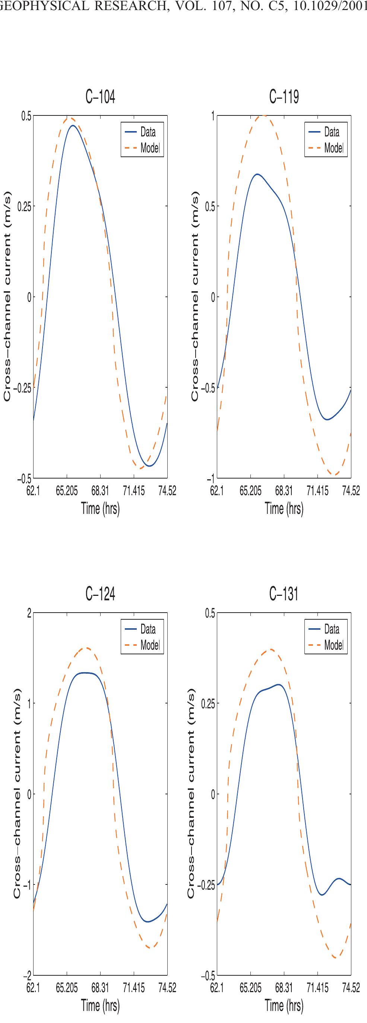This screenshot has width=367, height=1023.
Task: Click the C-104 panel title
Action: pyautogui.click(x=101, y=96)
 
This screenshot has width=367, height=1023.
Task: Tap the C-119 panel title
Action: pyautogui.click(x=284, y=96)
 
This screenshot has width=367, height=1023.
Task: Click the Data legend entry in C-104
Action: pyautogui.click(x=148, y=132)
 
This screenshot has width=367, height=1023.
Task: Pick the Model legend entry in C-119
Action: pyautogui.click(x=333, y=148)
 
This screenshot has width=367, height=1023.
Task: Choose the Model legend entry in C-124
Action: pyautogui.click(x=150, y=645)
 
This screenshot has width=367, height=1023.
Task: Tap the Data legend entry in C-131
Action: pyautogui.click(x=331, y=629)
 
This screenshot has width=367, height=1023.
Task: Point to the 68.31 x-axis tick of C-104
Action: pyautogui.click(x=100, y=491)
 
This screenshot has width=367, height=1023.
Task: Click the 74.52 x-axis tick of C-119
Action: pyautogui.click(x=351, y=491)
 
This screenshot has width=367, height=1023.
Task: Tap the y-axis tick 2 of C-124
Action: pyautogui.click(x=29, y=613)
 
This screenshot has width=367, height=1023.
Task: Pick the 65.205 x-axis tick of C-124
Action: pyautogui.click(x=67, y=988)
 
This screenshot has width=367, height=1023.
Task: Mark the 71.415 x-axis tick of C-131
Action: pyautogui.click(x=317, y=988)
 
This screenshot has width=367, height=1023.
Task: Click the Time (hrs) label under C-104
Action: pyautogui.click(x=100, y=508)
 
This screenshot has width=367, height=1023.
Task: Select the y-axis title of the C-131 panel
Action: pyautogui.click(x=191, y=794)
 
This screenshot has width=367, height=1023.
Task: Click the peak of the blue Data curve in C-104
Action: pyautogui.click(x=73, y=126)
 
